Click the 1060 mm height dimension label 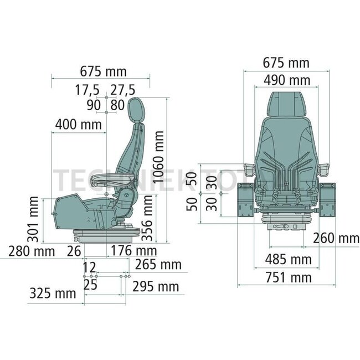pos(159,157)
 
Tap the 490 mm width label pos(286,80)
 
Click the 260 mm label pos(336,239)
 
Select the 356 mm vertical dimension pos(148,220)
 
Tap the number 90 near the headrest pos(93,104)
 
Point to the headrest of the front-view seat pos(286,103)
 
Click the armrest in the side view pos(108,178)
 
